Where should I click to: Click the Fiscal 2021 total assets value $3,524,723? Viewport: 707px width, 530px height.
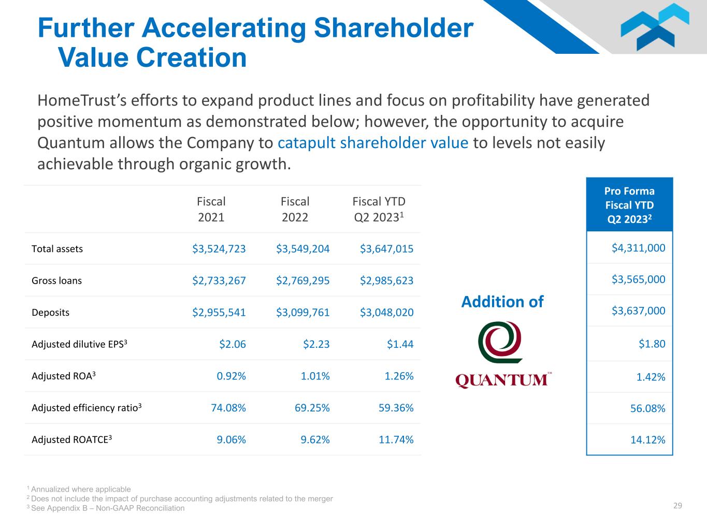(x=219, y=249)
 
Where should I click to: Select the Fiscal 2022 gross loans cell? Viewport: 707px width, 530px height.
(x=303, y=281)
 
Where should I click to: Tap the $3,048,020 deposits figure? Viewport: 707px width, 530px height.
(x=387, y=313)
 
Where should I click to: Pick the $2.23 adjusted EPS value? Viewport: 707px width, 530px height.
(x=316, y=344)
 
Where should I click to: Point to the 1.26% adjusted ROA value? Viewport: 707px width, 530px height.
(x=399, y=376)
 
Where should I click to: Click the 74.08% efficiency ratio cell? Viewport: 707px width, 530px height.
(x=228, y=408)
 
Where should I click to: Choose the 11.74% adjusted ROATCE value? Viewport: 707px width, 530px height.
(x=396, y=440)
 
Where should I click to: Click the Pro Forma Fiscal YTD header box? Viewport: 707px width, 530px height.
(x=629, y=205)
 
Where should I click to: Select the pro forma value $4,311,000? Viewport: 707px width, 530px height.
(x=639, y=248)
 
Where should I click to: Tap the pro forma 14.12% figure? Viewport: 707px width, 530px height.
(x=648, y=440)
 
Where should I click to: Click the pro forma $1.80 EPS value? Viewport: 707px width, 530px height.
(x=652, y=344)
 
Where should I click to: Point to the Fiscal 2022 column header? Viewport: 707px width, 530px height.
(x=295, y=209)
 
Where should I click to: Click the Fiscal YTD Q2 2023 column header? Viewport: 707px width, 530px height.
(x=379, y=209)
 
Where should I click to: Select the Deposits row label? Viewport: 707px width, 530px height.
(x=50, y=313)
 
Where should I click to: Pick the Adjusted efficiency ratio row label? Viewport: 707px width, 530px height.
(x=86, y=408)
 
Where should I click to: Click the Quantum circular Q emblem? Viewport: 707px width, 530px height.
(x=500, y=342)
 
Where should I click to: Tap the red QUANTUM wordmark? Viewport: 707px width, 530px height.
(x=501, y=380)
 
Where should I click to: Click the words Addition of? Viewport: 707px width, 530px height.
(x=502, y=302)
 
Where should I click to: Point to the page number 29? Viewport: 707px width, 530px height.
(x=677, y=506)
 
